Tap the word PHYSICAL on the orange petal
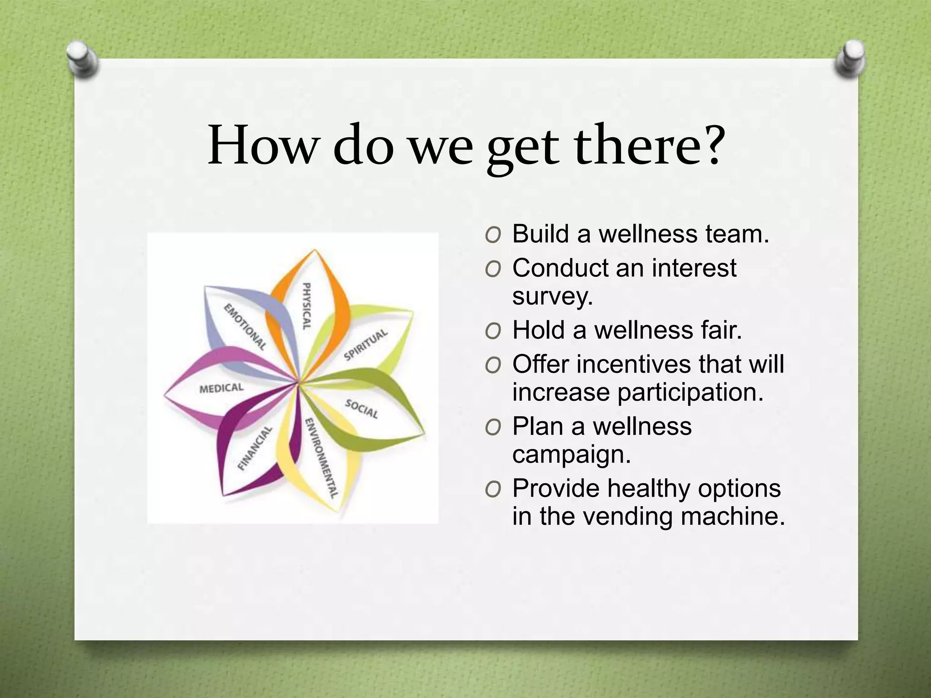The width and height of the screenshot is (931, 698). (x=307, y=306)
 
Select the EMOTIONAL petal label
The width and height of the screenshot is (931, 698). (x=245, y=327)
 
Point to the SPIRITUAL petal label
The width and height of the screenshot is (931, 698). (x=366, y=344)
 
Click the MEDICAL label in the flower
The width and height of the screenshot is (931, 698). (x=222, y=389)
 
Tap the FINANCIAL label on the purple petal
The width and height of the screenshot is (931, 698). (x=255, y=448)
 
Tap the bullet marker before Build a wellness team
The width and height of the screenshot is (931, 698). (x=493, y=235)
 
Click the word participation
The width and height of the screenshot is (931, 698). (x=690, y=392)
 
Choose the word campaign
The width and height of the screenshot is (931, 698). (x=571, y=454)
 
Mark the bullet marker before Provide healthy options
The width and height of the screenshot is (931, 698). (x=493, y=489)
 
